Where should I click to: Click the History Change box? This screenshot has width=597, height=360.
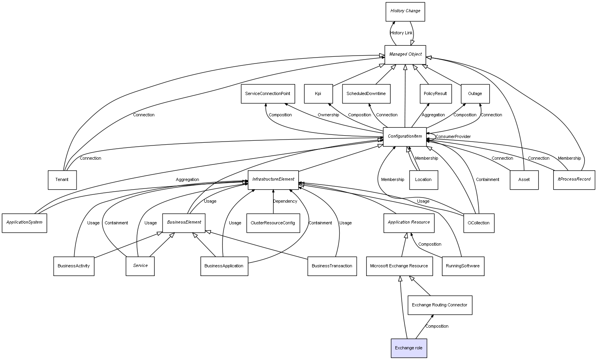coord(405,12)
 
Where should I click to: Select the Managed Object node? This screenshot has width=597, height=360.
coord(405,55)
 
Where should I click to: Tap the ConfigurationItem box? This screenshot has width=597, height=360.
coord(404,137)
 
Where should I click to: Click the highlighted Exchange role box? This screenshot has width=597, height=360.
coord(409,348)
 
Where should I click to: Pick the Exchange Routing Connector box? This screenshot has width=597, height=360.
coord(440,305)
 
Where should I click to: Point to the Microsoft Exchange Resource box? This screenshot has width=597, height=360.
coord(399,266)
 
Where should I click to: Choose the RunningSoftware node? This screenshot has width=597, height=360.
coord(463,266)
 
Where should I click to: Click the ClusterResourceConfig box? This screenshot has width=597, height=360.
coord(273,223)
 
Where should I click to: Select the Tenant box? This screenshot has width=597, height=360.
coord(62,180)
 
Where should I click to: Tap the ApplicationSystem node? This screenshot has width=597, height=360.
coord(24,223)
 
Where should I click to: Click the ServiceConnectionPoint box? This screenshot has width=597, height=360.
coord(268,94)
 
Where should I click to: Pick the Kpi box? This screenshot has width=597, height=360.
coord(318,94)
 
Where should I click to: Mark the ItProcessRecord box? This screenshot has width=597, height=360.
coord(574,180)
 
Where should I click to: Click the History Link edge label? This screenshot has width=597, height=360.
coord(401,33)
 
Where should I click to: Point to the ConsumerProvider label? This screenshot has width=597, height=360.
coord(453,136)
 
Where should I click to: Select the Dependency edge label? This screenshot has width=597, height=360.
coord(285,201)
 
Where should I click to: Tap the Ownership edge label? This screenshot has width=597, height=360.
coord(328,115)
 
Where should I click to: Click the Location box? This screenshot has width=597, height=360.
coord(423,180)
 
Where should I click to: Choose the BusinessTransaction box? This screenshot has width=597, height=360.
coord(332,266)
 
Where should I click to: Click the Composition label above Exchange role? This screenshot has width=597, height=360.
coord(437,326)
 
